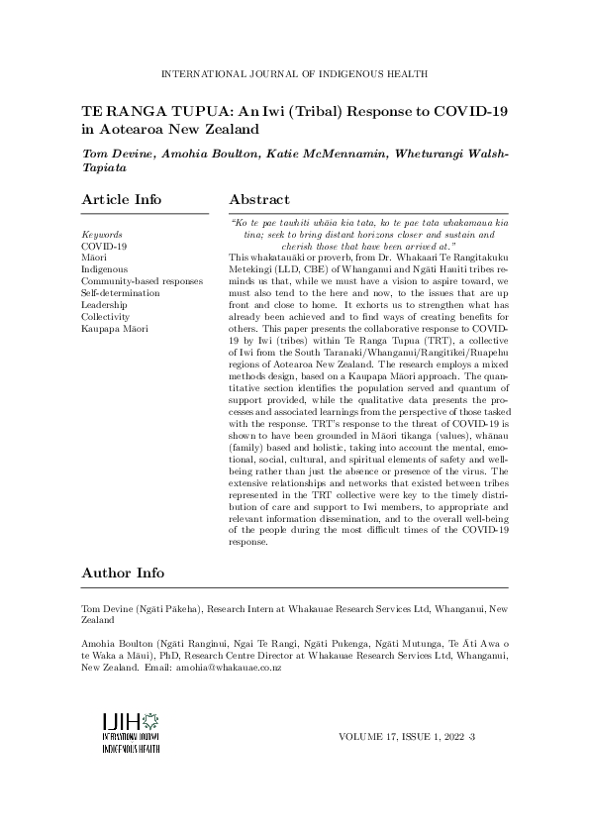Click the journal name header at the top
point(294,73)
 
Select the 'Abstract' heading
point(259,200)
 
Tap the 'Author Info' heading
point(123,573)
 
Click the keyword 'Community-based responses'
point(141,281)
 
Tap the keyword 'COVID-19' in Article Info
point(103,246)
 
